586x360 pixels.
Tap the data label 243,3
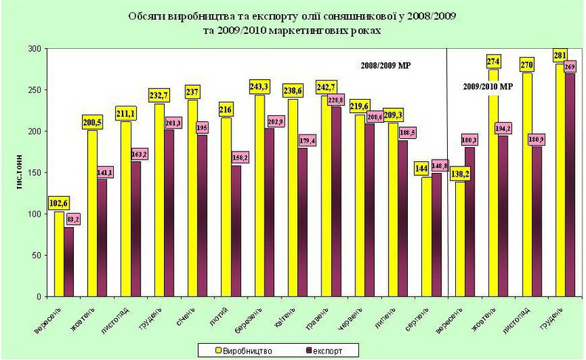coord(261,87)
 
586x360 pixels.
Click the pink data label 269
coord(570,67)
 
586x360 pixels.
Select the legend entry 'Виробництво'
coord(250,347)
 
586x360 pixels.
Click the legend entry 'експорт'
coord(322,347)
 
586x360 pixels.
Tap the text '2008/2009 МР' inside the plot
coord(386,66)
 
